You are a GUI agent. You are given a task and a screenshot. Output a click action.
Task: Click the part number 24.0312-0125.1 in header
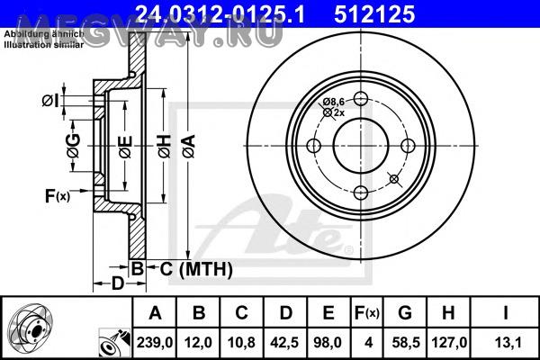point(220,14)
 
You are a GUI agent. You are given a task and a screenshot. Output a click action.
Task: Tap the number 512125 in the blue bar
point(374,14)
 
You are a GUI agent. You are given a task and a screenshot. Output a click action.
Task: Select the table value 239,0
point(155,342)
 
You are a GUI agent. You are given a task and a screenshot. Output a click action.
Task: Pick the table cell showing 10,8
point(241,342)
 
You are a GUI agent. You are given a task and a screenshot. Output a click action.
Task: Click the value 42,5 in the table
point(284,342)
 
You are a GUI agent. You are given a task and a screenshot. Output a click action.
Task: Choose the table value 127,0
point(449,342)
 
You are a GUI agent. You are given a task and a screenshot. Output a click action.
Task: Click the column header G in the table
point(405,313)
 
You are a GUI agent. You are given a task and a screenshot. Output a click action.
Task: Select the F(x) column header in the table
point(367,313)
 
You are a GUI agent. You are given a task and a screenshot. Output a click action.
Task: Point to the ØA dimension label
point(189,147)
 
